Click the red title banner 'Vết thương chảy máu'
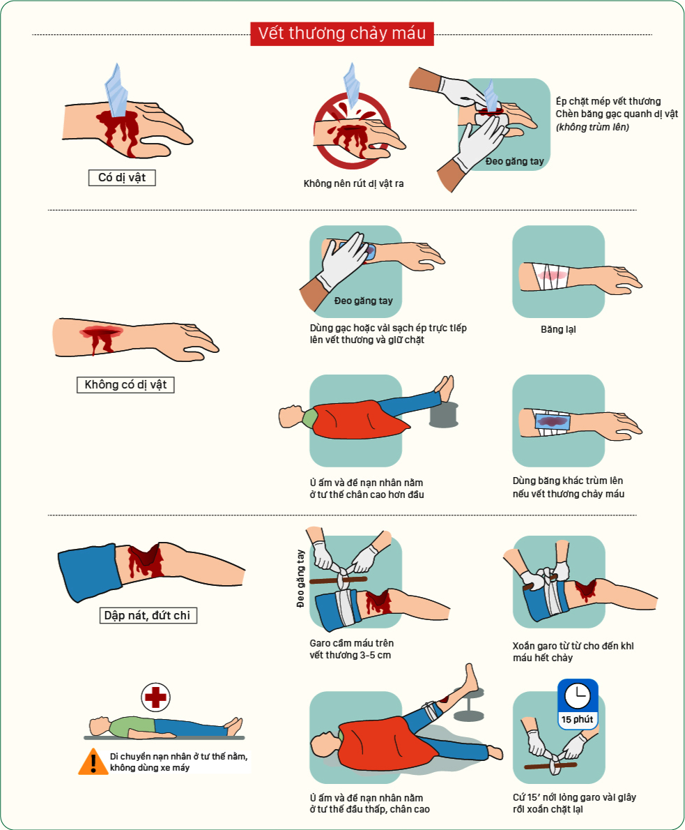click(341, 33)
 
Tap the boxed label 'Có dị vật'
click(122, 178)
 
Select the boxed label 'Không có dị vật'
click(125, 385)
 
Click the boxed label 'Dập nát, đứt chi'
click(148, 615)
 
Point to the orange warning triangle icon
click(93, 762)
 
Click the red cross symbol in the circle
click(155, 697)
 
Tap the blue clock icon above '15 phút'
click(578, 695)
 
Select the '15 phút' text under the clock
click(577, 719)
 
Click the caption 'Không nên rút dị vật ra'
click(353, 183)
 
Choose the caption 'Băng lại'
click(558, 329)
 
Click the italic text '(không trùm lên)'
click(592, 127)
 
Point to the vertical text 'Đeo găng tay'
click(300, 578)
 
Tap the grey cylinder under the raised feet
click(443, 414)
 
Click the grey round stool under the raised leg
click(469, 704)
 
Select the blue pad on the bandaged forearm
click(553, 422)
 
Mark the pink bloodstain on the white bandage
click(552, 276)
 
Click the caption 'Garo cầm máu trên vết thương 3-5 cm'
click(352, 649)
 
